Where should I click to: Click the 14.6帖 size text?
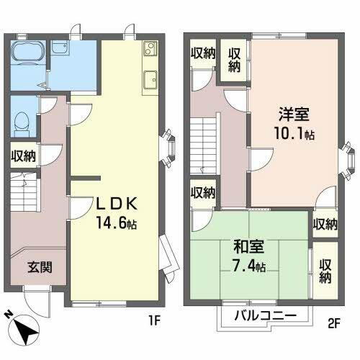115,224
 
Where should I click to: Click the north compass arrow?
27,330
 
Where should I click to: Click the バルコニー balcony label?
265,316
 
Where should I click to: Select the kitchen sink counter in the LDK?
150,79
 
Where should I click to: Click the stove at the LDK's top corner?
150,50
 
